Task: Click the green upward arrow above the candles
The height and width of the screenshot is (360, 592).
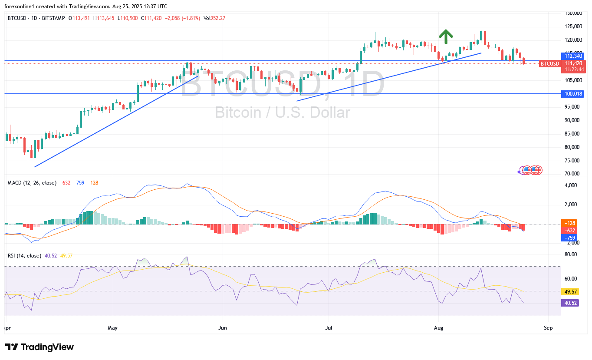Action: (445, 37)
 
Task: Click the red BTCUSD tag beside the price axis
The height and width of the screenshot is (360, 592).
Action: (549, 64)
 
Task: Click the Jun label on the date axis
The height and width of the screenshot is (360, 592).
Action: (222, 328)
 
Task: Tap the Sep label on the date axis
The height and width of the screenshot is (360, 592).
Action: (548, 328)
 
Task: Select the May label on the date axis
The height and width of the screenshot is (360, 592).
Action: (112, 328)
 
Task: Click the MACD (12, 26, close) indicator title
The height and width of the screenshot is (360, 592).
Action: (32, 183)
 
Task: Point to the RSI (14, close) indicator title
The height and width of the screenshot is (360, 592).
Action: (24, 256)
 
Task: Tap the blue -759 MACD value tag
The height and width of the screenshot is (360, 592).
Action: (569, 238)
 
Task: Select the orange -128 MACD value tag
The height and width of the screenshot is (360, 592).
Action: (569, 223)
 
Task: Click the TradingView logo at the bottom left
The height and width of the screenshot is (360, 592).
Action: (39, 347)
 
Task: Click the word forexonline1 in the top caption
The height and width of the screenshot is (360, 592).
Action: (20, 6)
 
